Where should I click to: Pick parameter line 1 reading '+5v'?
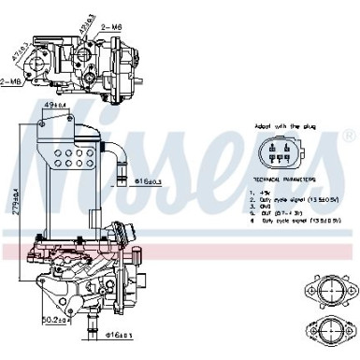266,191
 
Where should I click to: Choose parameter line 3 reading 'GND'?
266,206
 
